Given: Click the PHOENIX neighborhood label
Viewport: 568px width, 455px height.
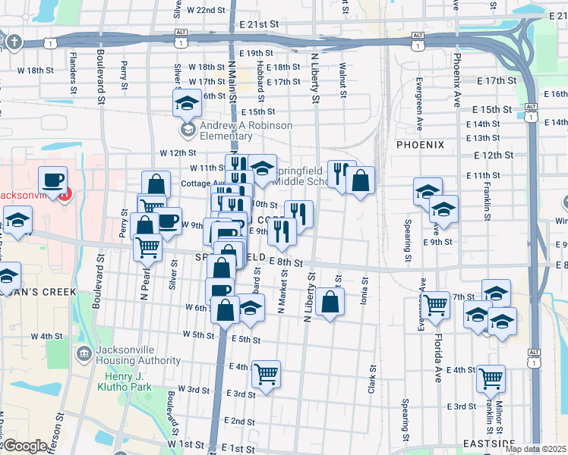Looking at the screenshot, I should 420,143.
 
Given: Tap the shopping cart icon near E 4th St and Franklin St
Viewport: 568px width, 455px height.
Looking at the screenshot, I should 491,376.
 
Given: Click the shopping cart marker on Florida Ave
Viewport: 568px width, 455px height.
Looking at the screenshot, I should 436,304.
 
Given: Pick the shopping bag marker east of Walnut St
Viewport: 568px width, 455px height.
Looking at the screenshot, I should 361,180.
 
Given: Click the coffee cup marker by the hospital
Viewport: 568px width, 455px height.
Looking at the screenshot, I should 52,180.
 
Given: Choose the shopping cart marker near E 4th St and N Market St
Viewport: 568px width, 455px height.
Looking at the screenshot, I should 266,373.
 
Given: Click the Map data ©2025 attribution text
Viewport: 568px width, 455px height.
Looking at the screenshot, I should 535,449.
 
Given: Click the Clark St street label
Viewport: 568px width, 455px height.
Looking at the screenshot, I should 372,380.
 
